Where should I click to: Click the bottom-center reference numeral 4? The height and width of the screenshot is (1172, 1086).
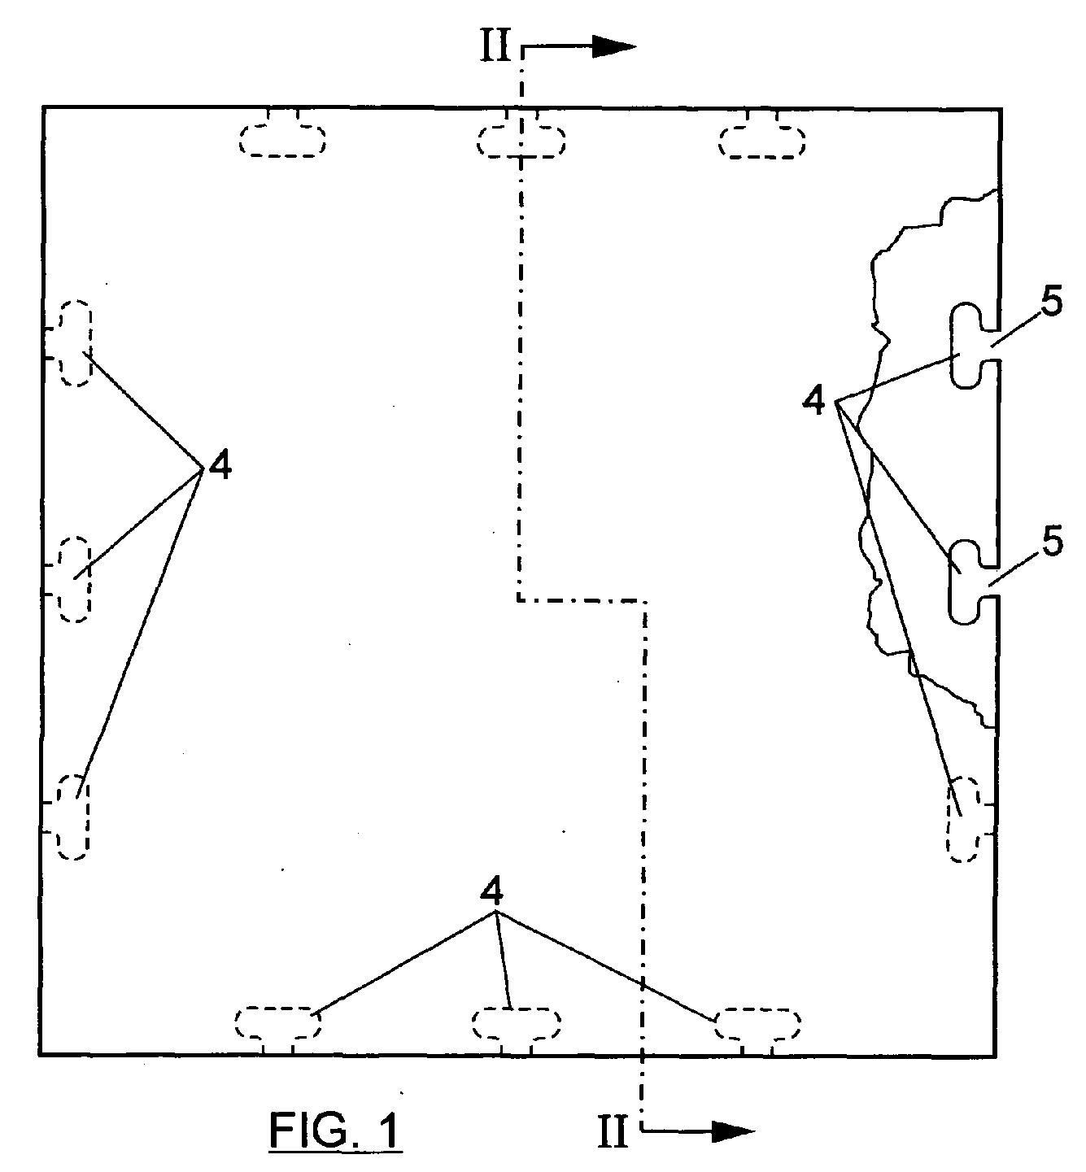tap(491, 892)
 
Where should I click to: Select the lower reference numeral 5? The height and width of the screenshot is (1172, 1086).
tap(1052, 542)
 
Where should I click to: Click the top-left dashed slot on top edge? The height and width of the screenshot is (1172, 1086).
tap(282, 139)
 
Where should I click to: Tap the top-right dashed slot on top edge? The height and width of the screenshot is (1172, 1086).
tap(761, 139)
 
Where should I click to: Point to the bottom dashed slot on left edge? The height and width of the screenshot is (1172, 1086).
tap(73, 817)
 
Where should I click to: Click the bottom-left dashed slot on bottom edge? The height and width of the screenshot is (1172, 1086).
tap(278, 1022)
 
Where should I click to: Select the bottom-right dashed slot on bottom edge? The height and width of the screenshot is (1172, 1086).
tap(757, 1023)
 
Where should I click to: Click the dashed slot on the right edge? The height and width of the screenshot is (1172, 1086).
tap(964, 819)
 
